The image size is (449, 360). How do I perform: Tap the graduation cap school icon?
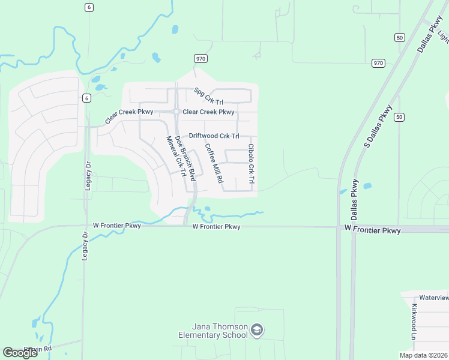[257, 330]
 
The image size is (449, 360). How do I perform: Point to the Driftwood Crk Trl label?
[214, 136]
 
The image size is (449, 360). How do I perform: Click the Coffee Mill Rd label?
[214, 163]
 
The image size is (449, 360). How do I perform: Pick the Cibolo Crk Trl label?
[252, 164]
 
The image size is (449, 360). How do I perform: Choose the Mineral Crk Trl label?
[175, 156]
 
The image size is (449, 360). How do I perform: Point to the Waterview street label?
[433, 298]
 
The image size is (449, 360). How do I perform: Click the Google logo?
[20, 353]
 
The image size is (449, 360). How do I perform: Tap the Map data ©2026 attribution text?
[423, 355]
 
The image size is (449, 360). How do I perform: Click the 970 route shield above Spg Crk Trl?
[200, 58]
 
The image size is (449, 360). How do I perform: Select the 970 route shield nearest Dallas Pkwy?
[378, 63]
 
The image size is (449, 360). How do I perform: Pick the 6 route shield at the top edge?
[89, 7]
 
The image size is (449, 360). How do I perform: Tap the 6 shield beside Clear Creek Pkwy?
[86, 98]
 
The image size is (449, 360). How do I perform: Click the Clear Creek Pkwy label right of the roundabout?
[208, 112]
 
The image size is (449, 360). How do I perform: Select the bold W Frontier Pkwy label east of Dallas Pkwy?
[373, 230]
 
